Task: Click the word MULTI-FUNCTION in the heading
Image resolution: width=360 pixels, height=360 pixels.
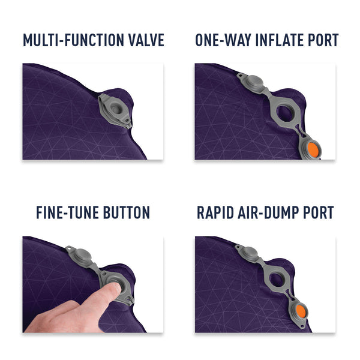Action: point(73,40)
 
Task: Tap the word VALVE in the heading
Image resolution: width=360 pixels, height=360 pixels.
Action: point(146,40)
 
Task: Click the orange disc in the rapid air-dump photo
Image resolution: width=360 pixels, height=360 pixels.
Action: point(301,311)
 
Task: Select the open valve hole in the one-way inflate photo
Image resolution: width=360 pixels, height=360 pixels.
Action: point(284,113)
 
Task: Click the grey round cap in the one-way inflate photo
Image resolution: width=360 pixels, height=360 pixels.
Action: point(255,83)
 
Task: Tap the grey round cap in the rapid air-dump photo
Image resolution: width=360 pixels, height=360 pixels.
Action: point(250,253)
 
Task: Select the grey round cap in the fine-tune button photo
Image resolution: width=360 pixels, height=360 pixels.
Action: point(82,256)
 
